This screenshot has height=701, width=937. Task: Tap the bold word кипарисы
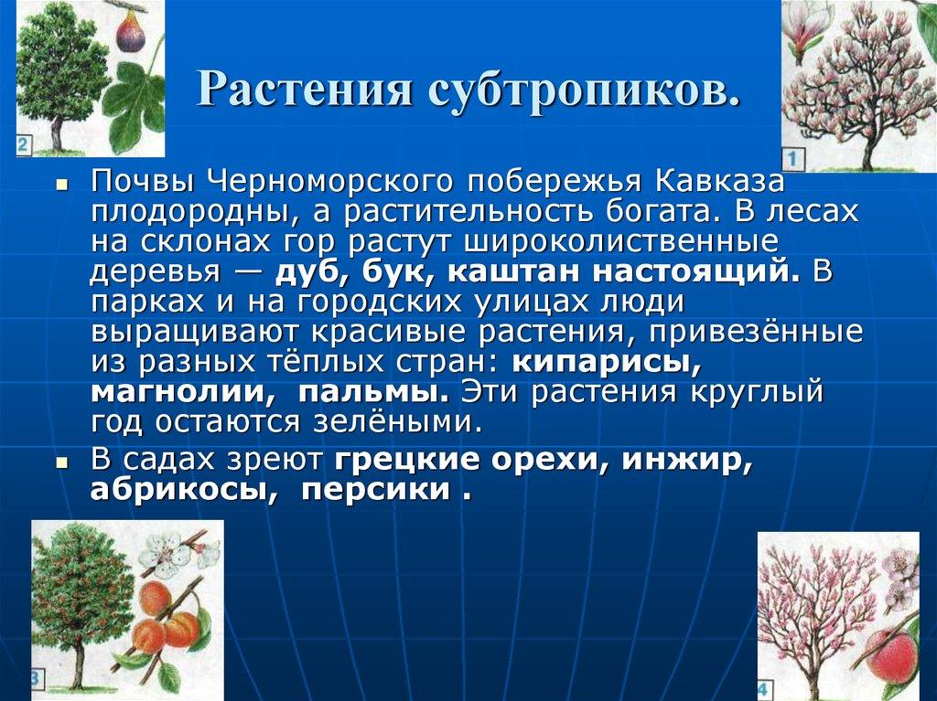[x=607, y=363]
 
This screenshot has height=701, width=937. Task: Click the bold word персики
[x=376, y=492]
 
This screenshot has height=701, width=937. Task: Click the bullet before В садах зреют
[x=62, y=463]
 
